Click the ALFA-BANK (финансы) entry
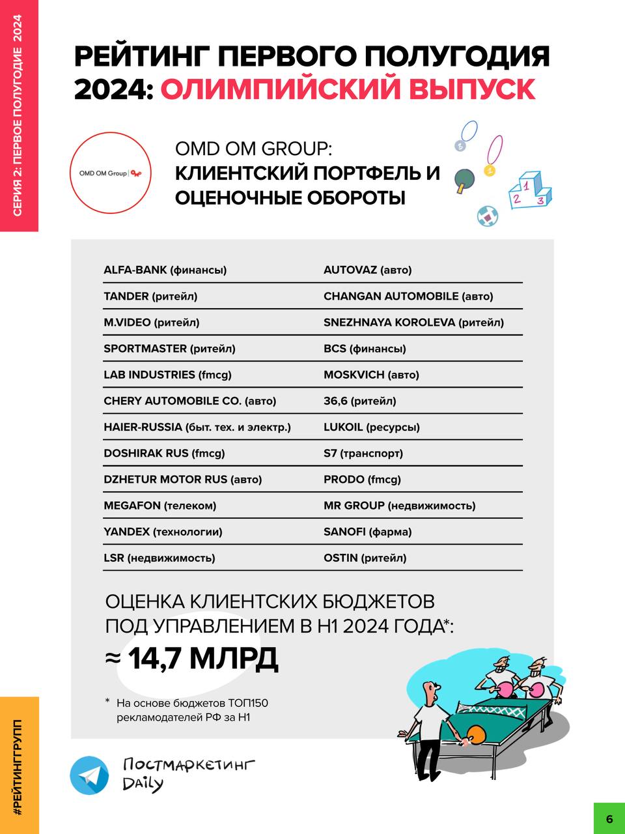tap(165, 270)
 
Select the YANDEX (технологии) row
tap(163, 532)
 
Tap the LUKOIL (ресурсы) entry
tap(371, 427)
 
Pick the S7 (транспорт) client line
tap(363, 453)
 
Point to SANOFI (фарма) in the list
tap(367, 532)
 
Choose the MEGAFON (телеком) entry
tap(160, 506)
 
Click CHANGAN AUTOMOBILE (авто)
tap(408, 296)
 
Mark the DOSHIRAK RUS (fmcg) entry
tap(163, 453)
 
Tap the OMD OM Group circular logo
tap(111, 173)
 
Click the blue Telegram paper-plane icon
tap(90, 775)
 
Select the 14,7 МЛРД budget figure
tap(202, 659)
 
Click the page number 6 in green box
tap(609, 818)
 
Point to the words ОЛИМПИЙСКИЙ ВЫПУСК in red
tap(348, 89)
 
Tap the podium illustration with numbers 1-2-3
tap(529, 190)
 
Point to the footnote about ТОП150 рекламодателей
tap(191, 710)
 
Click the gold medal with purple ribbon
tap(490, 171)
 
